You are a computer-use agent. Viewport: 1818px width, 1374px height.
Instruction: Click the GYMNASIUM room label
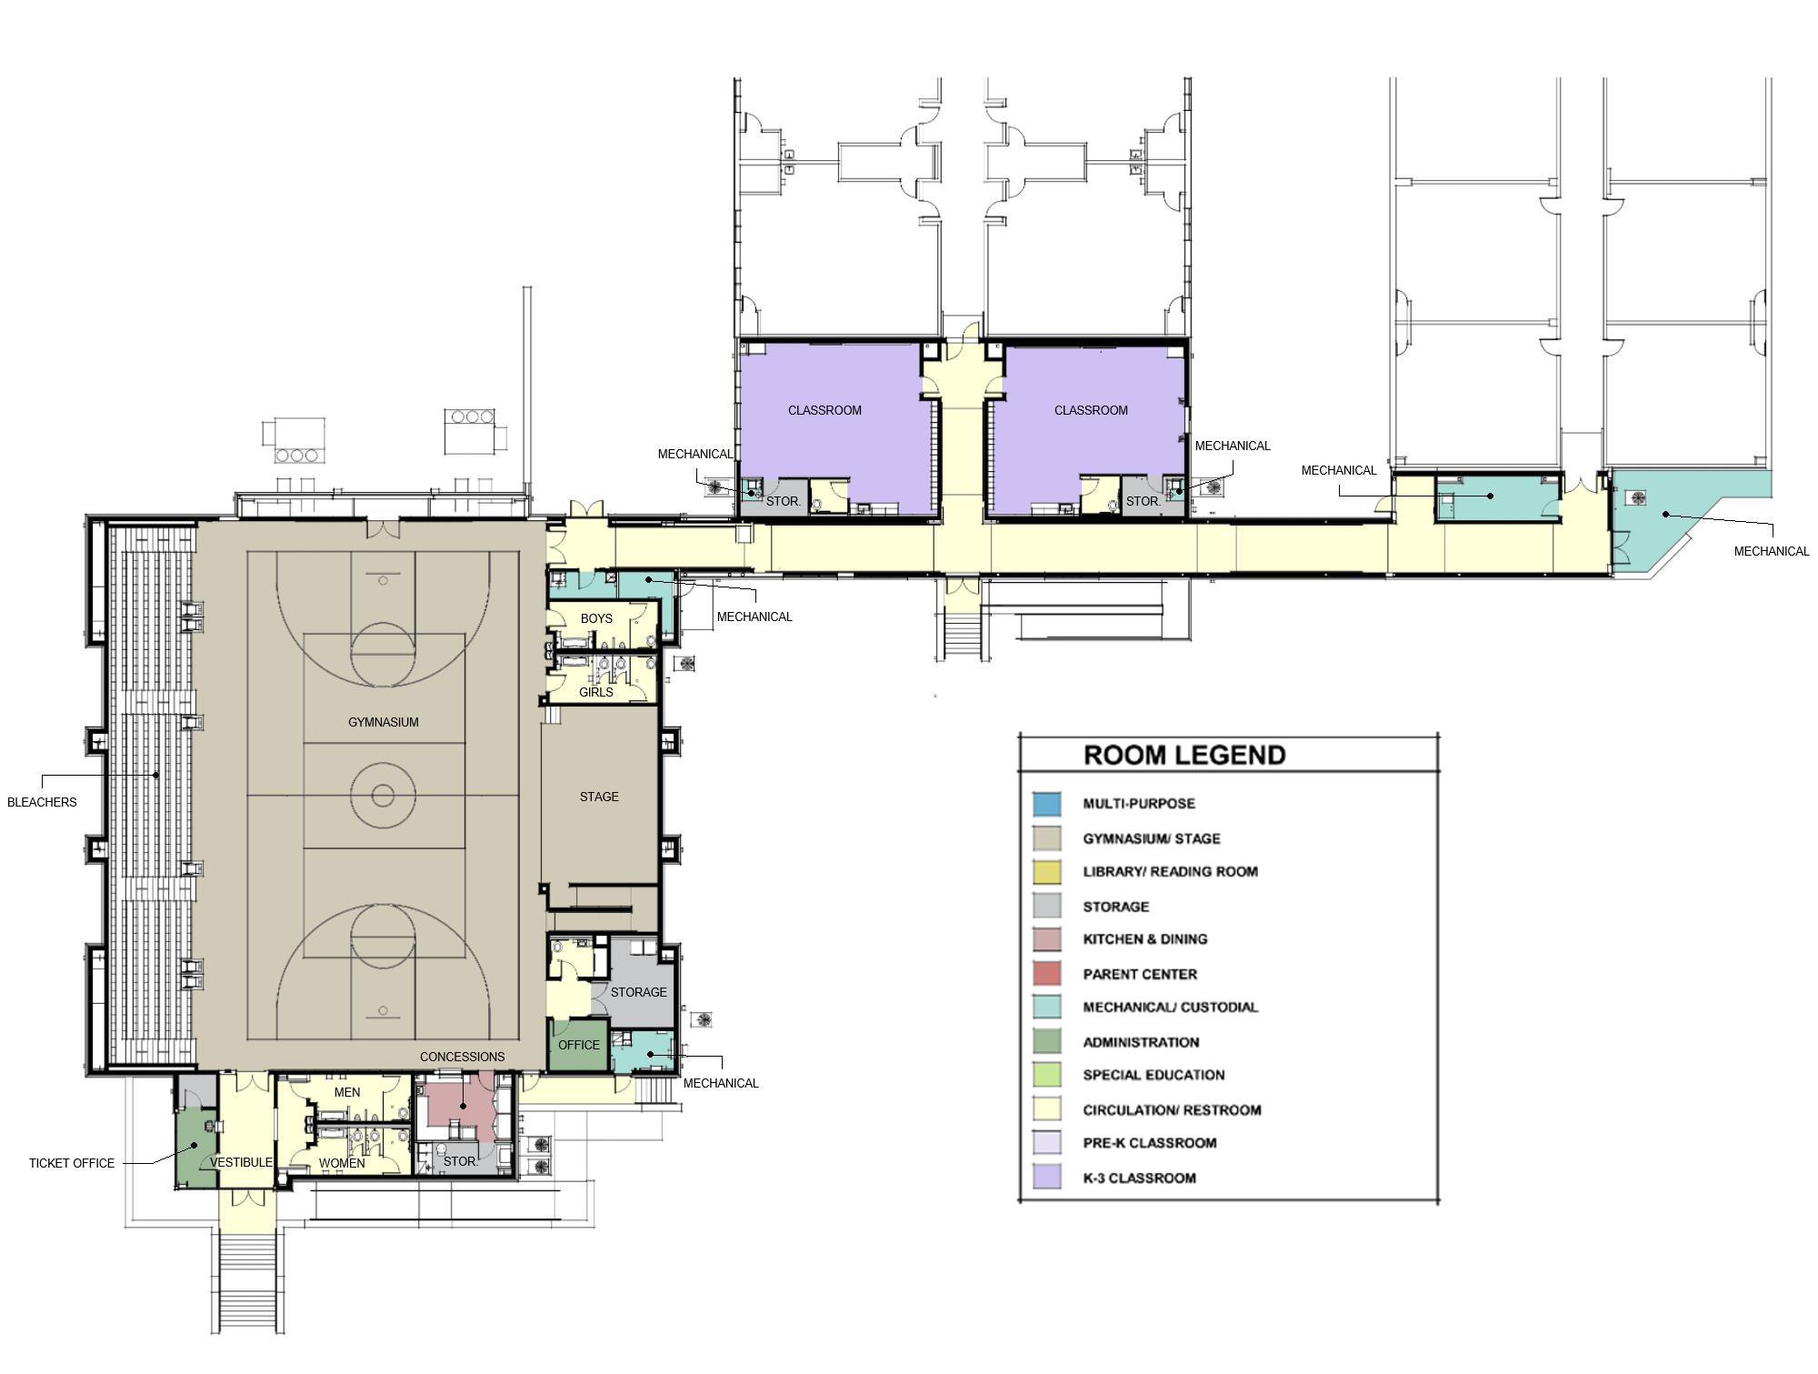(x=384, y=723)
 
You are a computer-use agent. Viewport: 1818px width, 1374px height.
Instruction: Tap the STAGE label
(x=599, y=797)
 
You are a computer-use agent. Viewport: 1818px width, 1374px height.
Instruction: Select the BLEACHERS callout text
(x=42, y=802)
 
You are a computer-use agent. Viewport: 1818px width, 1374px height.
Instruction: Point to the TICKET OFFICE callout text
(x=72, y=1163)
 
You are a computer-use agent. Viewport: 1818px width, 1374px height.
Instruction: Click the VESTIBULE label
(x=242, y=1162)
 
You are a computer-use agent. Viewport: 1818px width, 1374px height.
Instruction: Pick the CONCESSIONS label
(x=462, y=1057)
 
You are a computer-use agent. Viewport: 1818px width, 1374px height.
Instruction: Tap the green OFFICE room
(x=579, y=1045)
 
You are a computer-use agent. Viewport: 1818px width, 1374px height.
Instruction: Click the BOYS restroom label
(x=596, y=618)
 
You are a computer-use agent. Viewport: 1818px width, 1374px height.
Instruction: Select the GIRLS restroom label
(x=596, y=692)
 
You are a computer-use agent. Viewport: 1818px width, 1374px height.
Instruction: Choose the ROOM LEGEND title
(x=1184, y=756)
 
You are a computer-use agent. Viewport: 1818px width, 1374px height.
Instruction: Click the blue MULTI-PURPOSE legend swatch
(x=1046, y=804)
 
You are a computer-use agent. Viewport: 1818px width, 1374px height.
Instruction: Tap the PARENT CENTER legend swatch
(x=1046, y=974)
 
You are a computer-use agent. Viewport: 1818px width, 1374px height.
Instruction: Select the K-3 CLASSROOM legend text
(x=1139, y=1178)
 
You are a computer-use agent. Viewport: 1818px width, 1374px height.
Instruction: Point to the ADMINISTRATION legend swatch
(x=1046, y=1042)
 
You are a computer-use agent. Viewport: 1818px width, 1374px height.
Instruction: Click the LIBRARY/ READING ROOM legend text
(x=1170, y=872)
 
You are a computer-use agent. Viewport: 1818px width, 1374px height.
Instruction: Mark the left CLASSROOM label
(x=824, y=410)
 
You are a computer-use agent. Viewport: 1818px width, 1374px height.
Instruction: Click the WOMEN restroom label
(x=342, y=1163)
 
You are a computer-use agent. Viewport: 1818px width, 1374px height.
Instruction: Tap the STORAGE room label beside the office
(x=638, y=992)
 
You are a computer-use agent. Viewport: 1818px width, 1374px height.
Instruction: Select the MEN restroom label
(x=347, y=1092)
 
